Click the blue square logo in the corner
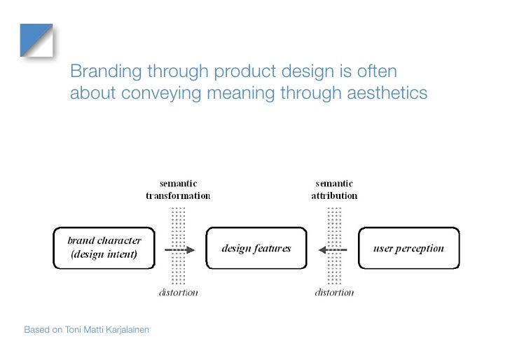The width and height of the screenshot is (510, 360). [36, 40]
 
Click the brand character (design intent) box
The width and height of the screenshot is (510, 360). [106, 248]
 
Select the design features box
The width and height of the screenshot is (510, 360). [256, 248]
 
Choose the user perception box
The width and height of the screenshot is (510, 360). [409, 248]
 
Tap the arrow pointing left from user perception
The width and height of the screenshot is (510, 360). [332, 249]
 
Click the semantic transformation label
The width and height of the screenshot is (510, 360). [178, 190]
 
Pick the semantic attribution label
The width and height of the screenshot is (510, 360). [334, 190]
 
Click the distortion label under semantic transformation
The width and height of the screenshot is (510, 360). [177, 292]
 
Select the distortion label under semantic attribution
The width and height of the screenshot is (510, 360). [334, 292]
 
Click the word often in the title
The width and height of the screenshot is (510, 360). [376, 71]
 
